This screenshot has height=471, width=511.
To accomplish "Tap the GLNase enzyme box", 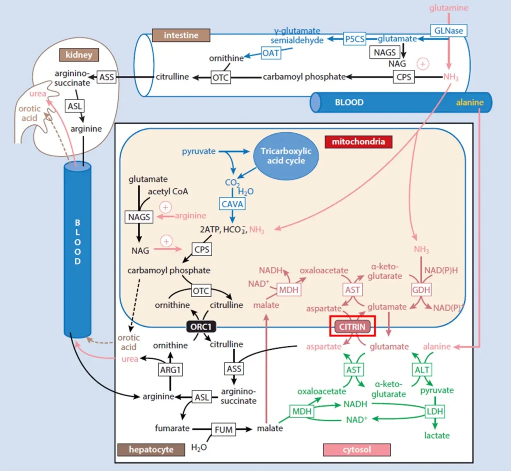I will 448,30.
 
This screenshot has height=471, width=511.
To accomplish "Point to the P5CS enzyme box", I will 354,39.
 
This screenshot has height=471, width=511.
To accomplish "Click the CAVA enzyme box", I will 232,203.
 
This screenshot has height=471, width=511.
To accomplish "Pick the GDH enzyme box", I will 421,290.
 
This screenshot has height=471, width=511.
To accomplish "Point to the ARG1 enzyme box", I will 170,370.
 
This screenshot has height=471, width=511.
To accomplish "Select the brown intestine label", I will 181,35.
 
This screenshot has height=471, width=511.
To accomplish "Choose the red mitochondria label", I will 358,142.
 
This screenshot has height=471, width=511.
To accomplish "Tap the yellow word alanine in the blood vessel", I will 470,102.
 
